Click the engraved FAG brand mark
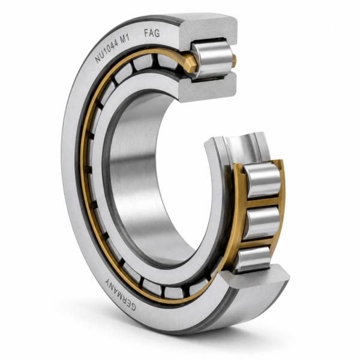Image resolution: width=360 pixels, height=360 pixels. [x=152, y=33]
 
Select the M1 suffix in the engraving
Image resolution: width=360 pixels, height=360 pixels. [x=125, y=38]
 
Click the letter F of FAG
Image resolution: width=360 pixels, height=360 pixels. [x=146, y=34]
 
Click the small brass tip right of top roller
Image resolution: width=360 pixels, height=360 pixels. [x=234, y=61]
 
